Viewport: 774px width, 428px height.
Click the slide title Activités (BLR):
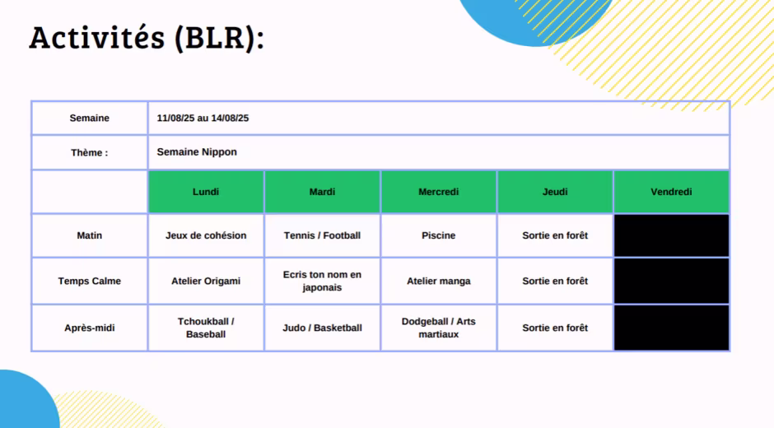pos(147,38)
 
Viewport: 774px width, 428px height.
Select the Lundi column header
pos(206,192)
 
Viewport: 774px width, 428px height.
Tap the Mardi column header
pos(322,192)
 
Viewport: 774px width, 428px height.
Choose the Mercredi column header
pos(438,192)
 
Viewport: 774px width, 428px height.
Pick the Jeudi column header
pos(555,192)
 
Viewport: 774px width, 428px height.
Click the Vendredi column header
pos(671,192)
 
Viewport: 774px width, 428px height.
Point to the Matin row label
pos(90,235)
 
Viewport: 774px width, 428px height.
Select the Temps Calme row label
pos(90,281)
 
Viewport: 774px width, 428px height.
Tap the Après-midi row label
pos(90,328)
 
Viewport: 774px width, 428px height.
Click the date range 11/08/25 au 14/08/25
pos(203,118)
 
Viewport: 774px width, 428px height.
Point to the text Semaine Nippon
pos(197,152)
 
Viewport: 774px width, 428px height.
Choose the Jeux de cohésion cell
pos(206,235)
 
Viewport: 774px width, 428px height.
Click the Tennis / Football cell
pos(322,235)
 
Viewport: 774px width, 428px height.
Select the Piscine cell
pos(438,235)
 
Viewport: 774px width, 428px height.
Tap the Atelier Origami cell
pos(206,281)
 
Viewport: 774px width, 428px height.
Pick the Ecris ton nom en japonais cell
pos(322,281)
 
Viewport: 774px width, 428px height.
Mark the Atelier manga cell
pos(438,281)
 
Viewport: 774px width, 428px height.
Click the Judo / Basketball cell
pos(322,328)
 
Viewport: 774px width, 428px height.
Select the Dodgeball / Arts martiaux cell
pos(438,328)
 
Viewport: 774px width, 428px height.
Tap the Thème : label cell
pos(90,152)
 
